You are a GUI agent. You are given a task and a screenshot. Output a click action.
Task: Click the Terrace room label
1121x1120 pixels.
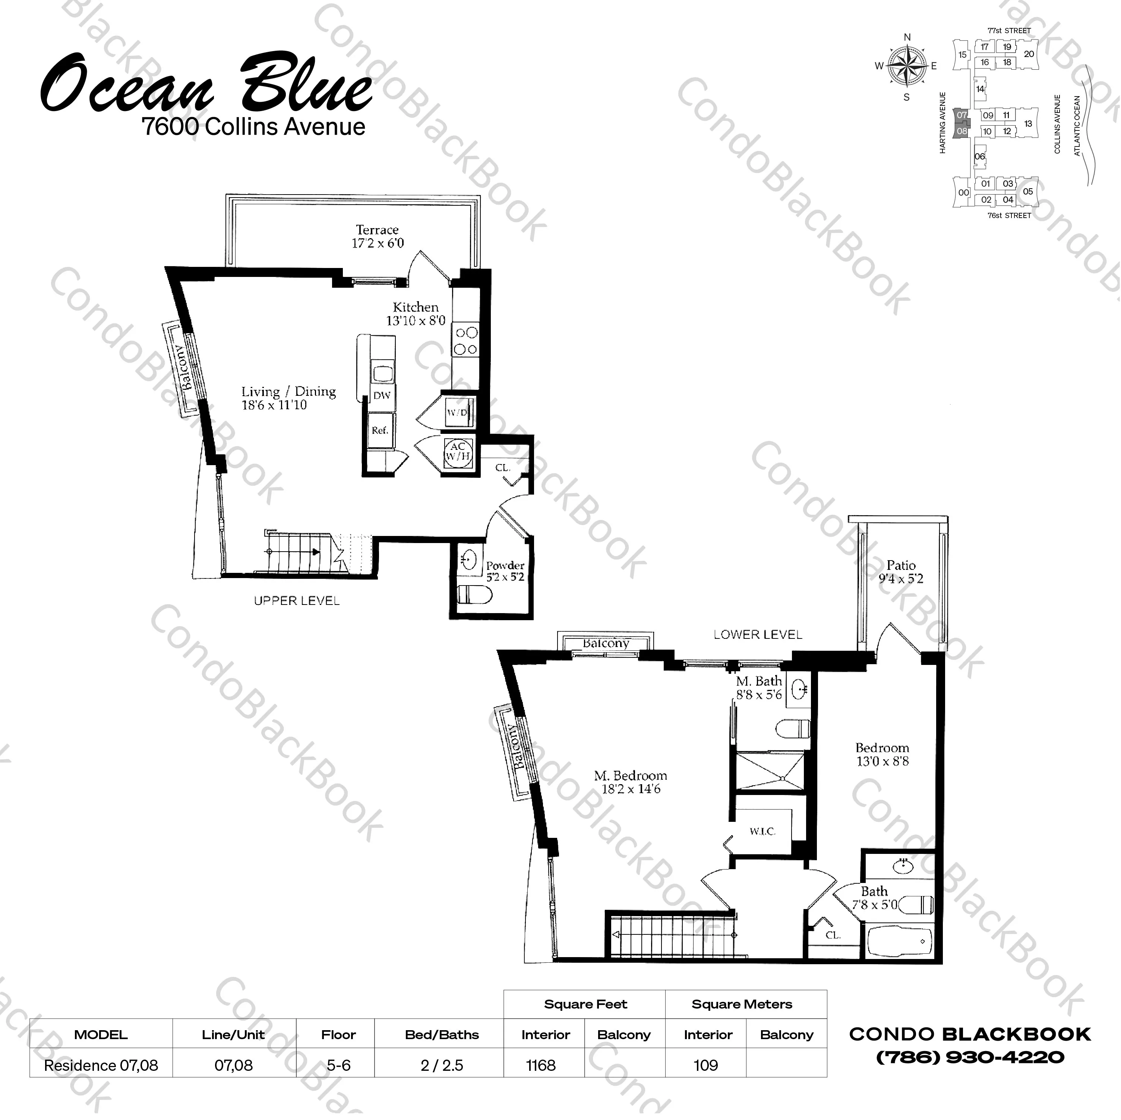point(377,230)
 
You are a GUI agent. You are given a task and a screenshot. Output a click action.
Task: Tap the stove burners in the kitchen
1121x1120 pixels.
point(466,341)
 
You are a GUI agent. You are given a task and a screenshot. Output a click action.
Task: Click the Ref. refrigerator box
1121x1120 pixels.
point(380,430)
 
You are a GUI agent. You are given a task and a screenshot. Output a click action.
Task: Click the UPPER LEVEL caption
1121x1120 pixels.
point(297,600)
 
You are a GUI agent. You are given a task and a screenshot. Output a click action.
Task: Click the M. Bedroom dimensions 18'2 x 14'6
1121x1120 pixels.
point(631,789)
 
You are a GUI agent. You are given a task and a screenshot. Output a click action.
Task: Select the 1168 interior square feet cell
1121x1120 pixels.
point(541,1066)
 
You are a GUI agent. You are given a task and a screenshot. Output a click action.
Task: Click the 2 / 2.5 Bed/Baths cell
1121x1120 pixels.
point(442,1066)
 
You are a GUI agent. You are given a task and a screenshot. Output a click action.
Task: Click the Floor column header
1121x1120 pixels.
point(338,1035)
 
